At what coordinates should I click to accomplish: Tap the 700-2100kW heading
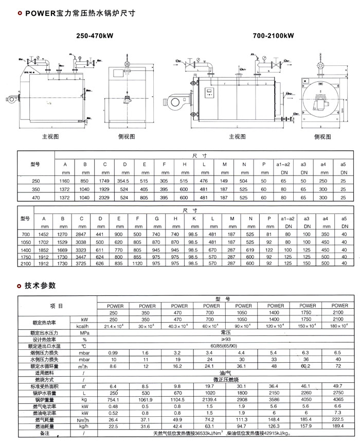tap(273, 36)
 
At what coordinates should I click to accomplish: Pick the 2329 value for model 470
tap(104, 198)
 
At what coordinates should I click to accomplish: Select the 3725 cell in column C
tap(81, 263)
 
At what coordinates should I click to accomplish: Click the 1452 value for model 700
tap(44, 234)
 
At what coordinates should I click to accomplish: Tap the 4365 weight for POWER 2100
tap(337, 399)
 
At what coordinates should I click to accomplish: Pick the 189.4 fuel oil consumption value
tap(337, 426)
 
